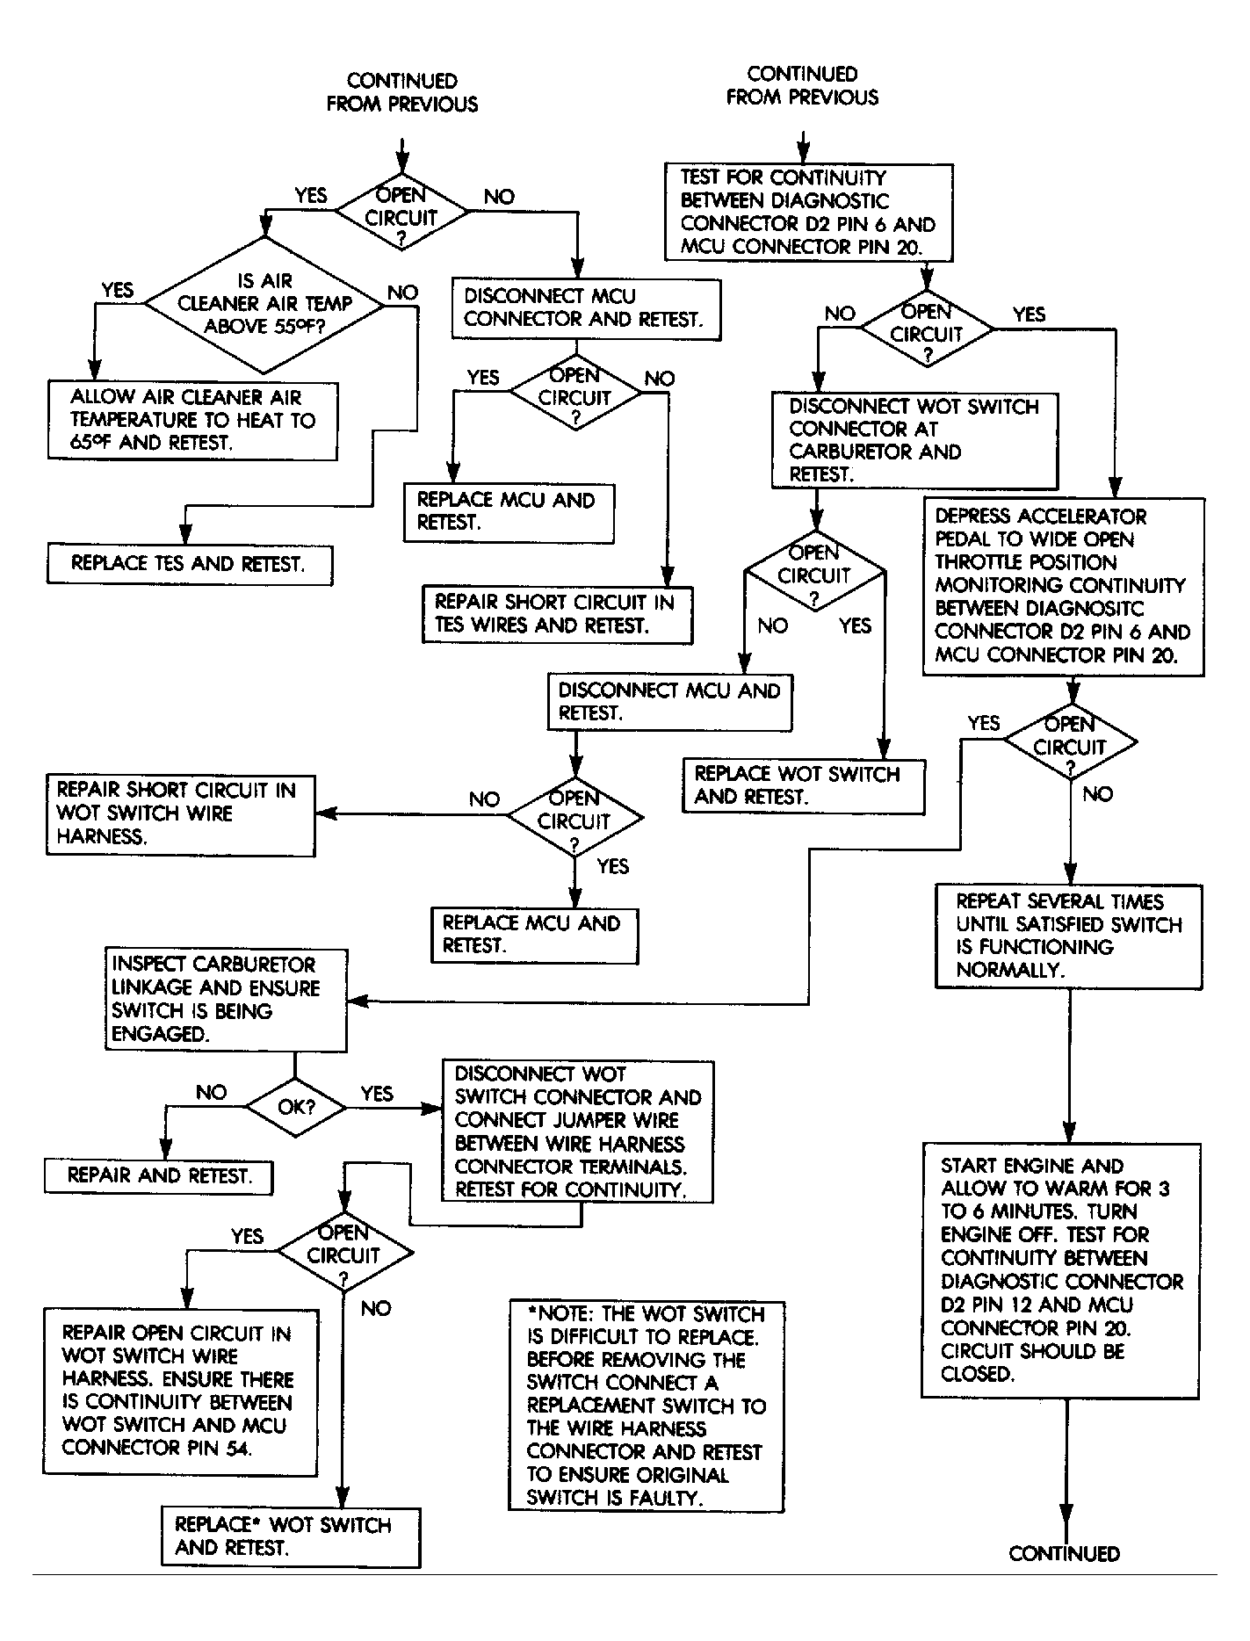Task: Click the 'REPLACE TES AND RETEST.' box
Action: [x=189, y=564]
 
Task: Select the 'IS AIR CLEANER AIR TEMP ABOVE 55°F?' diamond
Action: [x=264, y=304]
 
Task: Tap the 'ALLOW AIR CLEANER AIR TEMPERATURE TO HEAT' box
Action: [x=192, y=420]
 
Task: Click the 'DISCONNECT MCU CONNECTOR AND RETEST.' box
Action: [x=585, y=308]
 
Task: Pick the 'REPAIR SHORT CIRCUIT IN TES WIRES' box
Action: [x=557, y=614]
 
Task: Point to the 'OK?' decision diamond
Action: [x=296, y=1107]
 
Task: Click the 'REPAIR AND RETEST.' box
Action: [x=159, y=1176]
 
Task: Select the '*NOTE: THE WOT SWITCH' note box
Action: [x=646, y=1406]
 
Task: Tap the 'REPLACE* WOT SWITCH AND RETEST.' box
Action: [x=291, y=1536]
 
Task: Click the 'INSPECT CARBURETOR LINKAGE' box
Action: [x=226, y=1000]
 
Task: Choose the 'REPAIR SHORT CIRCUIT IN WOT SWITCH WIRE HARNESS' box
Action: [x=180, y=813]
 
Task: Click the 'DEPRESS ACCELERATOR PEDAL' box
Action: [x=1063, y=586]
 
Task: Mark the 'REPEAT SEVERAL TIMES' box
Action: [x=1068, y=936]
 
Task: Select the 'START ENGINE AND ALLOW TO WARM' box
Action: [x=1061, y=1269]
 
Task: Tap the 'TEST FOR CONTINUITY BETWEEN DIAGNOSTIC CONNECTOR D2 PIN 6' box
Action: [x=808, y=213]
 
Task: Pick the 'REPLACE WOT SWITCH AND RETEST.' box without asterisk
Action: [x=803, y=785]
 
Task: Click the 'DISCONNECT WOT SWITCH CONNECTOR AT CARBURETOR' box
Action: [x=914, y=440]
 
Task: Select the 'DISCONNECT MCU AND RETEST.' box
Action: [x=669, y=702]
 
